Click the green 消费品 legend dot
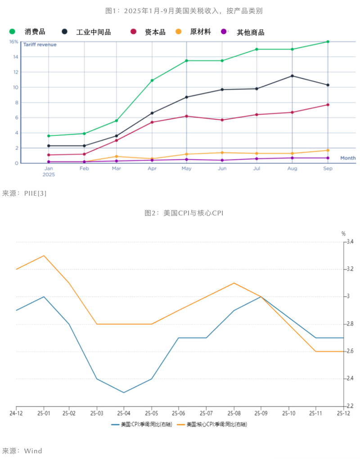pos(12,31)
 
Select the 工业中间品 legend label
pos(93,32)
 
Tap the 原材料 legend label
pos(200,31)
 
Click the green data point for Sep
pos(328,42)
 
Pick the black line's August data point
pos(292,76)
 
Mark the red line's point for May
pos(186,116)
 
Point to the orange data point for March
pos(117,157)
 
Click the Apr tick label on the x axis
pos(152,168)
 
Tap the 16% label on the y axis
pos(13,42)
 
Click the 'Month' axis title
pos(348,158)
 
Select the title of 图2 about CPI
pos(184,213)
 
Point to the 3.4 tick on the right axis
pos(349,242)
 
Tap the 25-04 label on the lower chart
pos(124,413)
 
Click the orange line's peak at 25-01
pos(44,256)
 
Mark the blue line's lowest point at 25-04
pos(124,392)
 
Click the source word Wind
pos(33,450)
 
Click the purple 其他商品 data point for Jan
pos(49,162)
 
